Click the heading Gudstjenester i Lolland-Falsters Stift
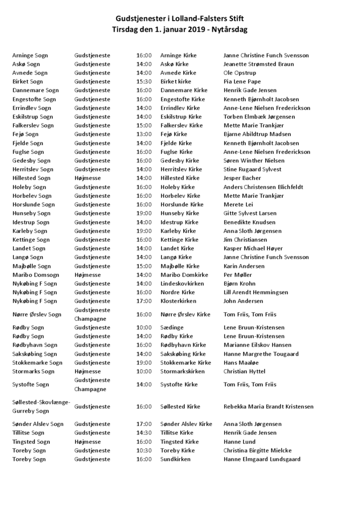tap(179, 19)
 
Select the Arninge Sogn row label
tap(30, 55)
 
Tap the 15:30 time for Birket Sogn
tap(144, 81)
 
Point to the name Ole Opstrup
tap(239, 73)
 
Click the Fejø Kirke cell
tap(174, 134)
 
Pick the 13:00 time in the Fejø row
tap(144, 134)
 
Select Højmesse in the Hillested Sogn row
tap(87, 178)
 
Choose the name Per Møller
tap(237, 275)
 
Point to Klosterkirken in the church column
tap(178, 301)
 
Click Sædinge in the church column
tap(172, 327)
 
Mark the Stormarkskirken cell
tap(182, 371)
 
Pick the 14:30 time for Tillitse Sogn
tap(144, 433)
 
